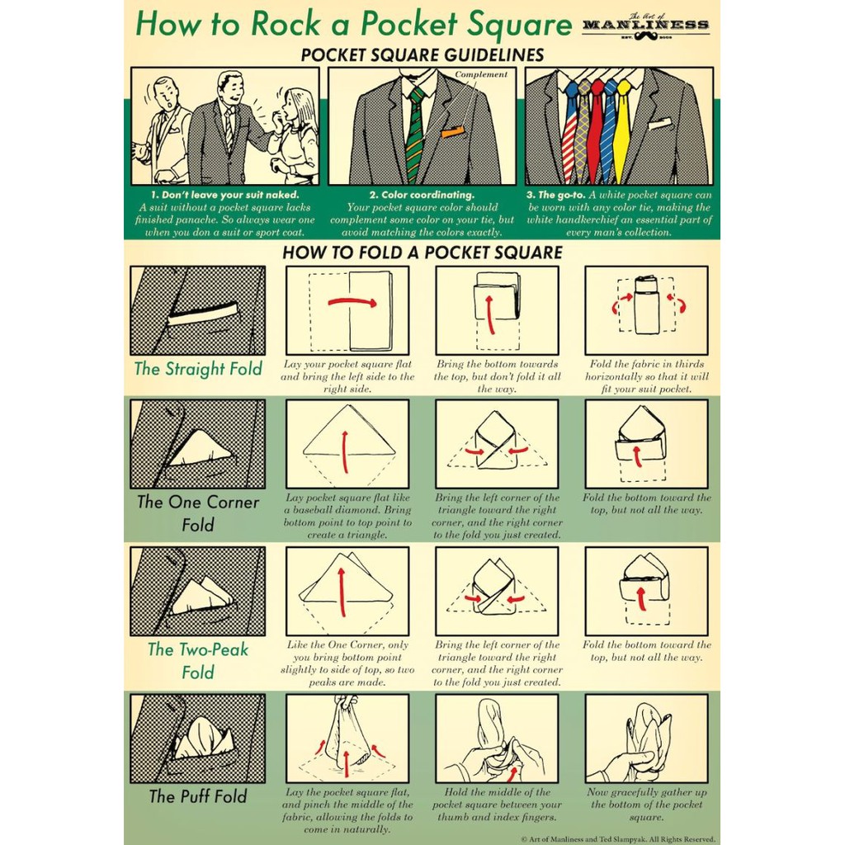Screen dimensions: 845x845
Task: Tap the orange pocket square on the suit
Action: point(453,131)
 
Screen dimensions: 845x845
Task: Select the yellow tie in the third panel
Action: point(622,130)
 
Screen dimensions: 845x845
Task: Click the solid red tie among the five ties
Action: point(596,130)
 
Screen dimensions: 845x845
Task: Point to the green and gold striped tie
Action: point(415,135)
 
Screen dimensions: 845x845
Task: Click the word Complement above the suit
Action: point(481,74)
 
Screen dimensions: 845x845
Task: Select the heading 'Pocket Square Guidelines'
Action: point(422,55)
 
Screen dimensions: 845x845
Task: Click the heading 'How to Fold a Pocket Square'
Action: point(422,253)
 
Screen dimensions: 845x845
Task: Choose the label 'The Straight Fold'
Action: point(198,369)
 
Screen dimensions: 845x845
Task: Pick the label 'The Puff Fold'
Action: point(198,796)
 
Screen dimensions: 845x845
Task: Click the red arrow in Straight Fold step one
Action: point(352,302)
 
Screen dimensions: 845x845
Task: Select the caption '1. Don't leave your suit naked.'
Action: point(224,195)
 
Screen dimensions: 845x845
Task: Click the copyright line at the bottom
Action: point(618,839)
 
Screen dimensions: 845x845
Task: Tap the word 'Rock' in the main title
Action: point(285,24)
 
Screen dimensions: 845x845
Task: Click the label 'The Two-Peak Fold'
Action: point(198,661)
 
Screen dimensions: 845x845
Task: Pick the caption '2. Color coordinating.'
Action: point(422,195)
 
